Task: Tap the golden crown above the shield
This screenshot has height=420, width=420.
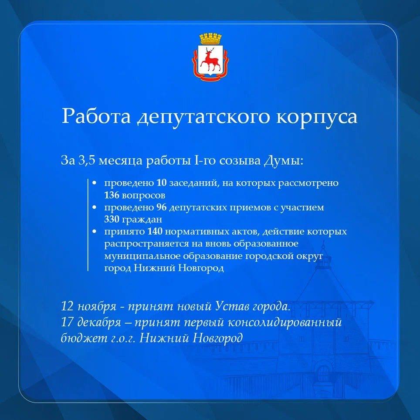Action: (210, 39)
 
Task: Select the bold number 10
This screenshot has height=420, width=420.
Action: (162, 183)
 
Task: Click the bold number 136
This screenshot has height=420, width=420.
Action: (112, 195)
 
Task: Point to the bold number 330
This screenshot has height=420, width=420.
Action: (112, 220)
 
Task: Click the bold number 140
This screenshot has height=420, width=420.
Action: (155, 231)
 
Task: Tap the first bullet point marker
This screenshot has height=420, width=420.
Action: (94, 183)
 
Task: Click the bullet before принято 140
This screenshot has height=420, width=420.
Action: (94, 232)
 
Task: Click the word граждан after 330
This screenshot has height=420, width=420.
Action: (142, 220)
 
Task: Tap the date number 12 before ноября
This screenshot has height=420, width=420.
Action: (67, 306)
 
